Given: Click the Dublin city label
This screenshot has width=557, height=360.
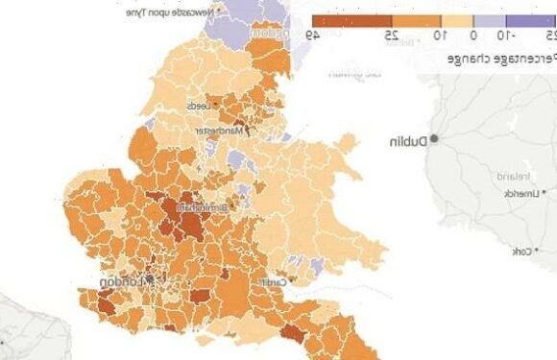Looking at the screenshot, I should [408, 140].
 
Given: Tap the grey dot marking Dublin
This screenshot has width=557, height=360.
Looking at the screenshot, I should [434, 139].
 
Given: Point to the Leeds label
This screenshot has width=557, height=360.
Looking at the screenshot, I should [198, 105].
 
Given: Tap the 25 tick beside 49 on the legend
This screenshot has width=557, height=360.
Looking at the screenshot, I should [393, 36].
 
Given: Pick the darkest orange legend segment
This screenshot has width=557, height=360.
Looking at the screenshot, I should [352, 19].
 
